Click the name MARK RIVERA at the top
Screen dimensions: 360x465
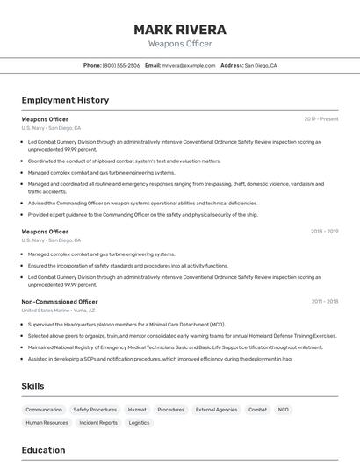click(180, 30)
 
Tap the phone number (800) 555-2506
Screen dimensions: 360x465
click(120, 66)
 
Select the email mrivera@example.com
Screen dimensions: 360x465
click(187, 66)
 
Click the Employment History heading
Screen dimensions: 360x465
click(65, 100)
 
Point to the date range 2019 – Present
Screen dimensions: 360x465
click(321, 119)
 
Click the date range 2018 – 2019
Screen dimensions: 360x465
click(324, 232)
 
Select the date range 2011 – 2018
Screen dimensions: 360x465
click(324, 302)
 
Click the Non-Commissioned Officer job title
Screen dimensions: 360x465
click(59, 302)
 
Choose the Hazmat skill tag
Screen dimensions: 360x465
click(137, 410)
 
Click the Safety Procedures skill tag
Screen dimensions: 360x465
click(95, 410)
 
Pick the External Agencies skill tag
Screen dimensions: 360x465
click(216, 410)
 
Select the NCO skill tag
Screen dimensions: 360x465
click(284, 410)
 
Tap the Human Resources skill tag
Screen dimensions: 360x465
click(47, 423)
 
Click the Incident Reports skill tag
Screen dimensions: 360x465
click(98, 423)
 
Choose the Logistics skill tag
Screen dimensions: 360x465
click(140, 423)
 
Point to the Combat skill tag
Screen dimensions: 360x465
click(257, 410)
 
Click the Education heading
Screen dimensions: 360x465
click(43, 450)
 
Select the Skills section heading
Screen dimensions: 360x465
click(33, 386)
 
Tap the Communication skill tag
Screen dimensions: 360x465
click(44, 410)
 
